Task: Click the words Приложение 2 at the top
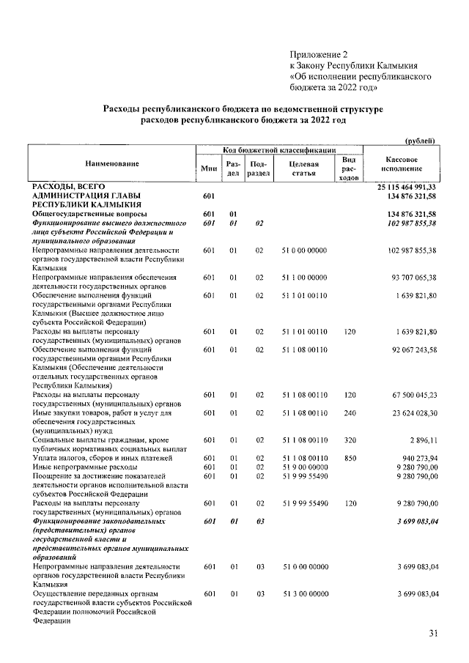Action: (316, 54)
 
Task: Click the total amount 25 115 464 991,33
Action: (407, 188)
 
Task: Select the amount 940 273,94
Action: (415, 458)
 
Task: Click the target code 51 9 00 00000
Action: (303, 467)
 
